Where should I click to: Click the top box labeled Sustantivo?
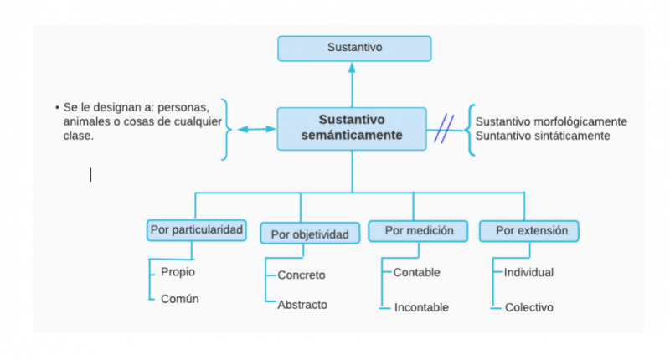coord(354,49)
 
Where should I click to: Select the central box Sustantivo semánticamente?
coord(352,128)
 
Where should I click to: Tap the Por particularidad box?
coord(197,229)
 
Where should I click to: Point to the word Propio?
coord(178,272)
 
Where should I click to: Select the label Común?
coord(179,299)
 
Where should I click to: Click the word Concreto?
coord(301,275)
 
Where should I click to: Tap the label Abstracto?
coord(302,305)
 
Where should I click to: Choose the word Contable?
coord(416,272)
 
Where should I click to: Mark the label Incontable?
coord(421,307)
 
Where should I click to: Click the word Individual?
coord(528,272)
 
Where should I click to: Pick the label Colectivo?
coord(528,307)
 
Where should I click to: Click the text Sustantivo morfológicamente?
coord(551,121)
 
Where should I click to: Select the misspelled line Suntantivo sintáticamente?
coord(543,136)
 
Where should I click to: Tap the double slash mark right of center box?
coord(444,129)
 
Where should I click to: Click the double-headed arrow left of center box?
coord(256,129)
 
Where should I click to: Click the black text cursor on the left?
coord(90,174)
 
